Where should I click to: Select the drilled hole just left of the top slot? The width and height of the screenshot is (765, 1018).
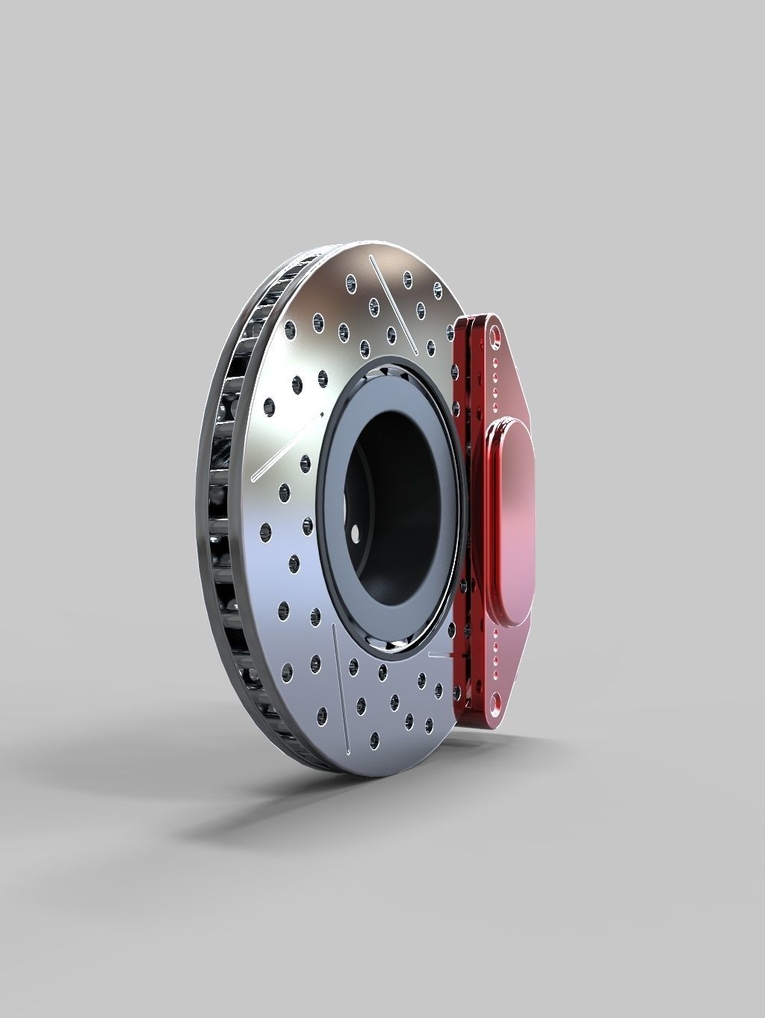pyautogui.click(x=372, y=305)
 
